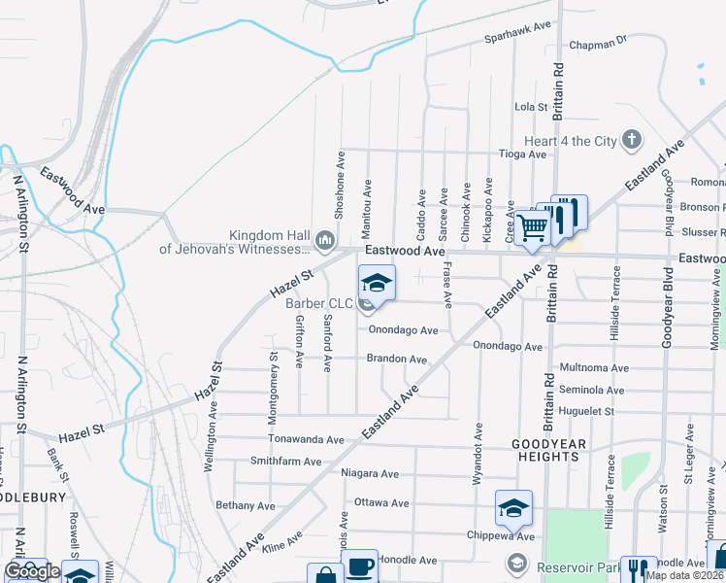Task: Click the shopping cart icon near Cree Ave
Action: point(533,228)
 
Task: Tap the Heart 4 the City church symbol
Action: point(632,140)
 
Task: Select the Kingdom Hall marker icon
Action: point(326,239)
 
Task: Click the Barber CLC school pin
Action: point(377,284)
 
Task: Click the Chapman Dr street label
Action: point(599,42)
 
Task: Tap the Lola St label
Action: point(531,107)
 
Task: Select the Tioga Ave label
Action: point(522,154)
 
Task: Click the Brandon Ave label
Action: point(396,360)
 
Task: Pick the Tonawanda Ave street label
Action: point(306,440)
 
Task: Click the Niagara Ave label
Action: point(370,474)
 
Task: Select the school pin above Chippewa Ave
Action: point(513,507)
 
